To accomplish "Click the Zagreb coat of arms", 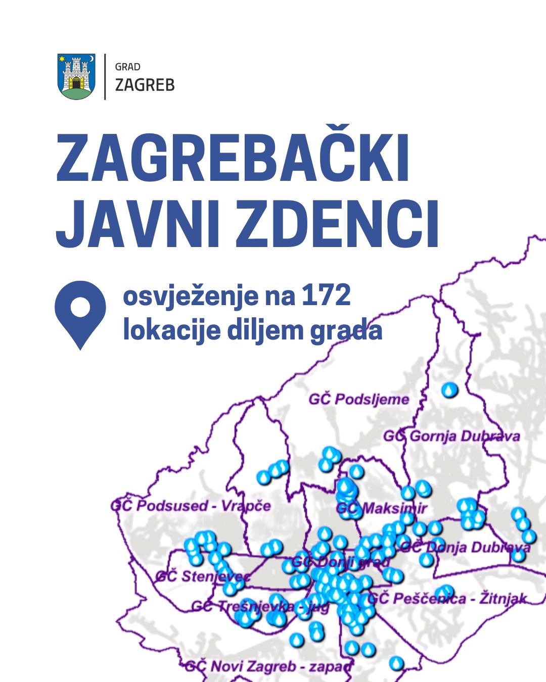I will tap(77, 76).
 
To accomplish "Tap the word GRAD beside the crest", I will tap(127, 67).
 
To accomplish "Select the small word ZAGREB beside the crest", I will tap(145, 84).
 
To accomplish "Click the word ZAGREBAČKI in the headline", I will tap(233, 158).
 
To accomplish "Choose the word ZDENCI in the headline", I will tap(337, 224).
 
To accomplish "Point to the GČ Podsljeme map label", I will tap(359, 399).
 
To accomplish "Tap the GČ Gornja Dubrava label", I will tap(451, 436).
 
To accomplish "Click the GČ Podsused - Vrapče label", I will tap(191, 506).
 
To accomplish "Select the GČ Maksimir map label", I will tap(382, 508).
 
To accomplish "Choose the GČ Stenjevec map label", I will tap(202, 576).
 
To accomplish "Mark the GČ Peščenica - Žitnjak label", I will tap(447, 599).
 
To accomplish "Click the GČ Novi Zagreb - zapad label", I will tap(268, 666).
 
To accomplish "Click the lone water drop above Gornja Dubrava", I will tap(449, 389).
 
